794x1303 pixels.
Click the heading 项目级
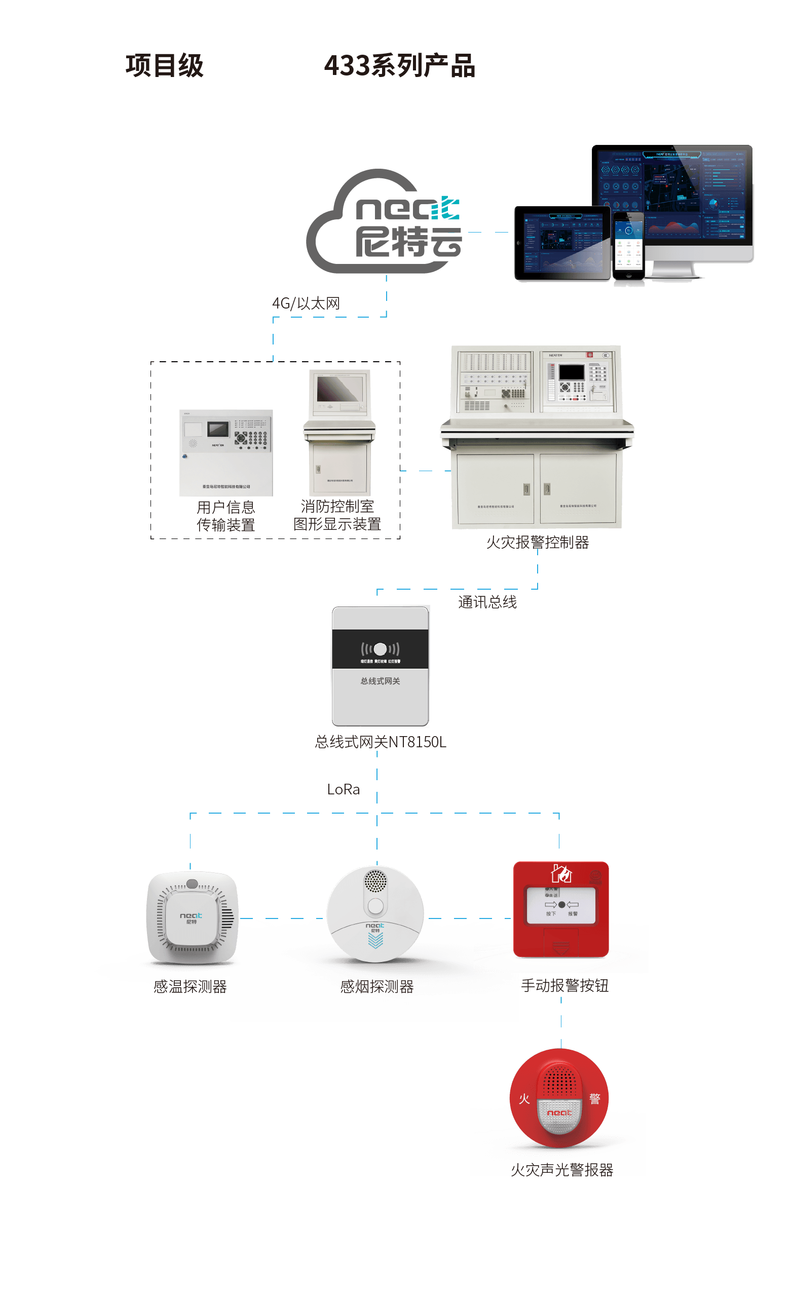click(165, 66)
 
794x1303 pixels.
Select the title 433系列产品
click(399, 66)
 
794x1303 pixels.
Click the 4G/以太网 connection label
click(306, 303)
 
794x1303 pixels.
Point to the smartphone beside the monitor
click(628, 245)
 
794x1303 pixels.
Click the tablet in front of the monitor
click(562, 243)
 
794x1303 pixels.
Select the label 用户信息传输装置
click(226, 516)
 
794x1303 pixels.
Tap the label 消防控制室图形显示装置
click(337, 515)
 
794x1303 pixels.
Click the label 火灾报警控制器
click(538, 543)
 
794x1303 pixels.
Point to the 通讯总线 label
click(487, 602)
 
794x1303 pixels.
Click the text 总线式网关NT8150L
click(381, 742)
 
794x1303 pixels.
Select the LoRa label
click(344, 789)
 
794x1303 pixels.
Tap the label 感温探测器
click(190, 987)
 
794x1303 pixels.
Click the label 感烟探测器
click(376, 987)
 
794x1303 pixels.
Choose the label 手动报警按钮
click(564, 986)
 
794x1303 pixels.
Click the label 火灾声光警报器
click(562, 1170)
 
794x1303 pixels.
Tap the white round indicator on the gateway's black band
click(381, 649)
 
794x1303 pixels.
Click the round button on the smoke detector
click(375, 906)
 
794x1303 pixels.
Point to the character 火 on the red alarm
click(524, 1099)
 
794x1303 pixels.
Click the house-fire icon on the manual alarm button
click(561, 874)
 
